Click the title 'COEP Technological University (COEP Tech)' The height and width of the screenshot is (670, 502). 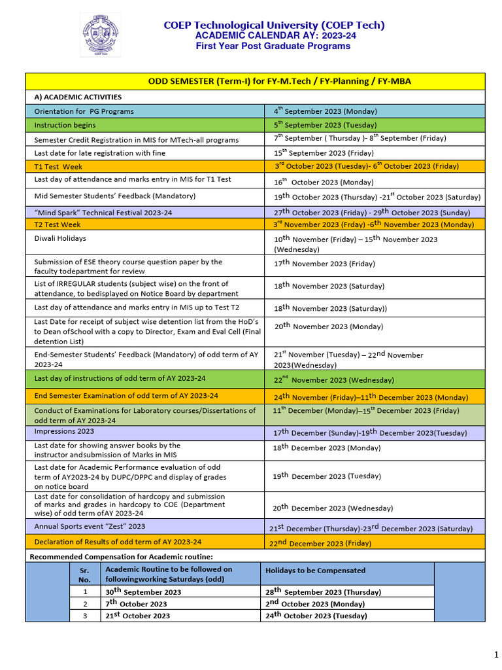(274, 25)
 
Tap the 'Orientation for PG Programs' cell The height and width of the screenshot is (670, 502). (84, 111)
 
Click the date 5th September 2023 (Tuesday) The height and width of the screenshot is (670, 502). (325, 125)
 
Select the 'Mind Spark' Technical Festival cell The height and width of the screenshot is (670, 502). (103, 212)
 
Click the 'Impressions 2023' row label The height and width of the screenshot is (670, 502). (64, 431)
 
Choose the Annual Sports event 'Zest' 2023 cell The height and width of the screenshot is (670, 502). (90, 526)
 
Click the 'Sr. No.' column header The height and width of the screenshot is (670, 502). (85, 574)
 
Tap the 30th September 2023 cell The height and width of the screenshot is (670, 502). (143, 592)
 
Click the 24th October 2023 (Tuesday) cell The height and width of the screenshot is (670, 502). (316, 616)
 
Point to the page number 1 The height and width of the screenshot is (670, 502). (495, 655)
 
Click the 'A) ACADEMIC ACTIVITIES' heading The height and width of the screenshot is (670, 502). (78, 97)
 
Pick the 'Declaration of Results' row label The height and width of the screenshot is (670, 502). (118, 542)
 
